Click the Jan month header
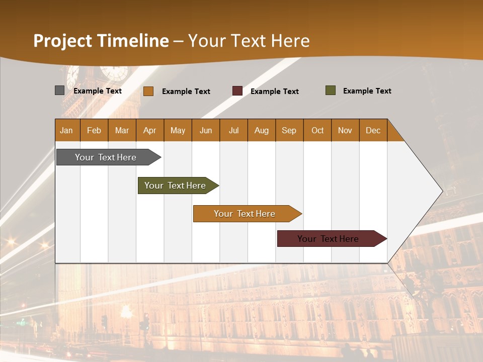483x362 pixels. (67, 130)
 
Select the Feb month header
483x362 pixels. (94, 130)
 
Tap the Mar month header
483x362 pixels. (122, 130)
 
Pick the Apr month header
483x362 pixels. (150, 130)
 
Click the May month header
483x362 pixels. (178, 130)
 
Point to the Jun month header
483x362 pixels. (206, 130)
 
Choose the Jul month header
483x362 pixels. (233, 130)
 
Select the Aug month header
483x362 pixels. (262, 130)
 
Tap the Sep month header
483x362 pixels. (289, 130)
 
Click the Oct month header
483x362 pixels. (317, 130)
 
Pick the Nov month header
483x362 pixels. (345, 130)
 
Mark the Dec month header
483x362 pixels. (373, 130)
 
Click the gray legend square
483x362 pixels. (59, 90)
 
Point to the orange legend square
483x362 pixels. (148, 91)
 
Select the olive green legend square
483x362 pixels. (331, 90)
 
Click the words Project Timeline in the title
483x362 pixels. (101, 41)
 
